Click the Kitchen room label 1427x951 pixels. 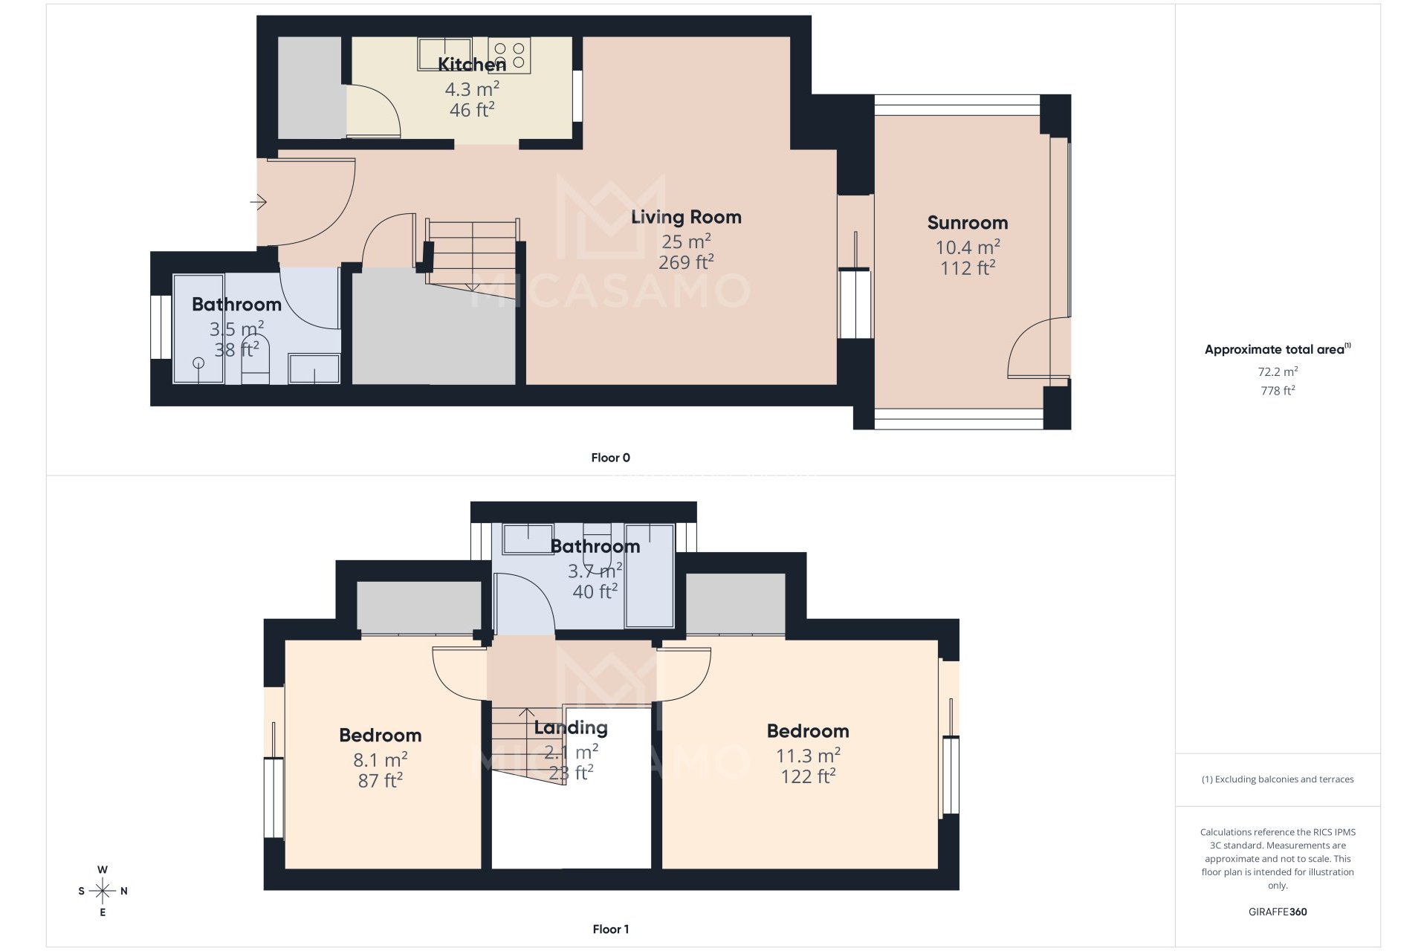471,65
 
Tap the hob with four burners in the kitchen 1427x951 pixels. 509,56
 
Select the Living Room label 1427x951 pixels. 686,217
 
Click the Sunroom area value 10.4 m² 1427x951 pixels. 967,247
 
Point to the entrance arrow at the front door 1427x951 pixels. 258,202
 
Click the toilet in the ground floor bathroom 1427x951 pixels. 255,360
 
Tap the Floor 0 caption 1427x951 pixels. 610,458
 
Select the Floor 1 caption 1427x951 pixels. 610,929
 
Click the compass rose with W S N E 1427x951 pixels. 103,891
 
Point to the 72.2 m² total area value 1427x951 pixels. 1277,371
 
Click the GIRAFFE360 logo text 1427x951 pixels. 1277,912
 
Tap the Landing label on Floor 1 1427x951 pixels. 570,728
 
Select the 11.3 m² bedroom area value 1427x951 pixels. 808,756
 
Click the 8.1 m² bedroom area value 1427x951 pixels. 380,760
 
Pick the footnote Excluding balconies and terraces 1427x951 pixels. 1277,779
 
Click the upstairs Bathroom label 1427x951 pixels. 595,547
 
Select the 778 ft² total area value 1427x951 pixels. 1277,391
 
